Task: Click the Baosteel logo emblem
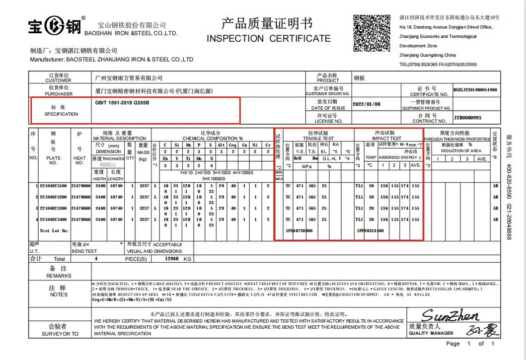[x=54, y=26]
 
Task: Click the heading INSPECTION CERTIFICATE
[x=268, y=38]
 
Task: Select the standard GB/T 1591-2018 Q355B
[x=122, y=103]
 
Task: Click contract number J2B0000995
[x=467, y=118]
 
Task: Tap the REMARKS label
[x=59, y=276]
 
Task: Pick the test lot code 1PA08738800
[x=299, y=230]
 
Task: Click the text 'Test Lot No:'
[x=54, y=230]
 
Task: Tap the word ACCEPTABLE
[x=167, y=245]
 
